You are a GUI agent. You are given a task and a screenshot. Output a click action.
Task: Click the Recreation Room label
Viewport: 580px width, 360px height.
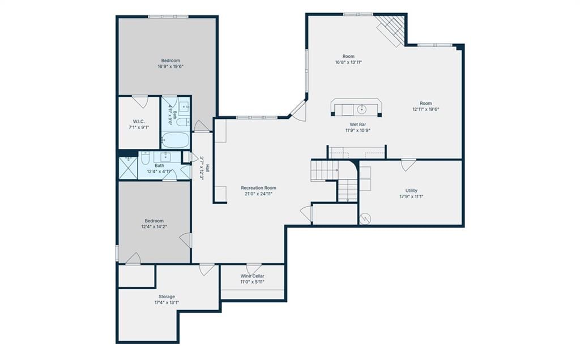[x=258, y=188]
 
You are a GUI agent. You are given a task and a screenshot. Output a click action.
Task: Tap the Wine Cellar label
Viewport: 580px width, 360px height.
[x=252, y=276]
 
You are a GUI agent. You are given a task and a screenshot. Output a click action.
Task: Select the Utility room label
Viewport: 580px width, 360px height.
[x=411, y=191]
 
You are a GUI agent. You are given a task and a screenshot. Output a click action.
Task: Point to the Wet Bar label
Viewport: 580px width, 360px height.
[x=358, y=125]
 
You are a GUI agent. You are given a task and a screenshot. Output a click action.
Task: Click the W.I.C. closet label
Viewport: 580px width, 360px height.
[x=139, y=122]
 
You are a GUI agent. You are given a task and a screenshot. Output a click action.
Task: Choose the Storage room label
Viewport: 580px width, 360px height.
[x=167, y=297]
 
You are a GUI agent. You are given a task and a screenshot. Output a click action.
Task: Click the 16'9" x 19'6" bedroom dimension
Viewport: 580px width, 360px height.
[x=170, y=67]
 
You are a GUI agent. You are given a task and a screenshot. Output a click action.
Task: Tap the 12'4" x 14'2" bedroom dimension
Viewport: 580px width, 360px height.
[x=154, y=226]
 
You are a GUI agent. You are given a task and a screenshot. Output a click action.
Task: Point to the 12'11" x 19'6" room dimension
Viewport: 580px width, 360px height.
[x=426, y=109]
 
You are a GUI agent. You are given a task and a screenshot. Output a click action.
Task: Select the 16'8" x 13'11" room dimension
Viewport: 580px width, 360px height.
[x=348, y=62]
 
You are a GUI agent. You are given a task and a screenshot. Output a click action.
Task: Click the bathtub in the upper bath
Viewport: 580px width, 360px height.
[x=176, y=140]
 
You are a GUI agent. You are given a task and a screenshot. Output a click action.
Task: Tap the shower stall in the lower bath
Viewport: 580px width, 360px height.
[x=128, y=169]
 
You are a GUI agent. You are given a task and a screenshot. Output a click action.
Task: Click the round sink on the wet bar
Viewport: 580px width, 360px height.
[x=361, y=109]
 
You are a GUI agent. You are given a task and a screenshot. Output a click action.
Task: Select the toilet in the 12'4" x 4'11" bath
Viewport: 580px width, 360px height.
[x=145, y=158]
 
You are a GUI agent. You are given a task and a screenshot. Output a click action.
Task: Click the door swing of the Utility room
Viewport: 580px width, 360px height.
[x=408, y=165]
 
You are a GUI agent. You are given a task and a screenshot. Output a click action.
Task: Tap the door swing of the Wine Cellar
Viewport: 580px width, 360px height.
[x=254, y=269]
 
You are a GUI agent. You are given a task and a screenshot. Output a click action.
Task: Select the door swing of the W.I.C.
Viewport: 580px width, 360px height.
[x=140, y=102]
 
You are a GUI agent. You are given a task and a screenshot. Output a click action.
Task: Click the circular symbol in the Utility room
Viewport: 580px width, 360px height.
[x=365, y=219]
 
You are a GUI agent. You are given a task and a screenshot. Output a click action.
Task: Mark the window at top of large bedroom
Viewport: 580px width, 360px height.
[x=168, y=16]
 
